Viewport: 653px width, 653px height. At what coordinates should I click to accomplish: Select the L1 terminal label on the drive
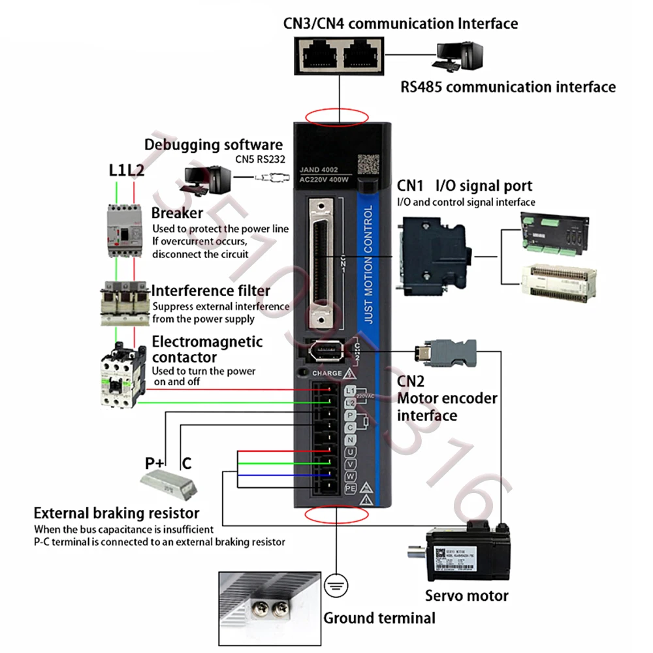(x=350, y=390)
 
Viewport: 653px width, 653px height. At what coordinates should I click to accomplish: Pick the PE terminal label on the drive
(x=350, y=488)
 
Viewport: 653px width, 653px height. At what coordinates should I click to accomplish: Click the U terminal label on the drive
(x=350, y=452)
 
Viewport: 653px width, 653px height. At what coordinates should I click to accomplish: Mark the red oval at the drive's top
(x=338, y=118)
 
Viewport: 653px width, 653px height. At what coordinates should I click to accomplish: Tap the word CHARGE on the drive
(x=326, y=374)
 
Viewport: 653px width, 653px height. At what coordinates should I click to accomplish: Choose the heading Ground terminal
(x=379, y=618)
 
